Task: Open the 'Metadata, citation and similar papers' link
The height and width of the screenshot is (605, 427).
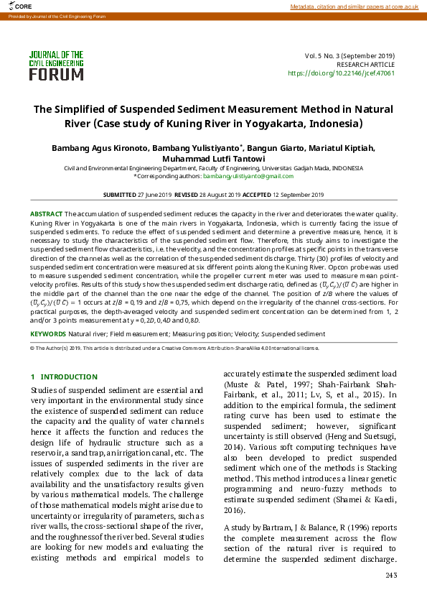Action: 353,6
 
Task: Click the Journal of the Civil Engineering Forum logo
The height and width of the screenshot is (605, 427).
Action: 56,65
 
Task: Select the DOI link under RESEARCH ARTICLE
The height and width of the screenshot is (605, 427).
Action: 341,73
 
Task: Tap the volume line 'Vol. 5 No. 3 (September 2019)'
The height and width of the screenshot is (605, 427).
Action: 349,55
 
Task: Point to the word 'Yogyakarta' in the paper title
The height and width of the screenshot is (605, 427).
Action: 233,123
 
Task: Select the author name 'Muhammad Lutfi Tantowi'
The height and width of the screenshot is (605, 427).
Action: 214,159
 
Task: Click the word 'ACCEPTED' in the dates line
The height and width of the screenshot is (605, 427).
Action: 256,195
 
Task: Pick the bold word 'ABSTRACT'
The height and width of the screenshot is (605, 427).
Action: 46,214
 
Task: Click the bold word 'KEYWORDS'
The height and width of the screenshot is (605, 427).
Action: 47,334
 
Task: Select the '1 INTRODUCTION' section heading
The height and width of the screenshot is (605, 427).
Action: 64,377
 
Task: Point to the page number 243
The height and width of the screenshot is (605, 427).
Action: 391,575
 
